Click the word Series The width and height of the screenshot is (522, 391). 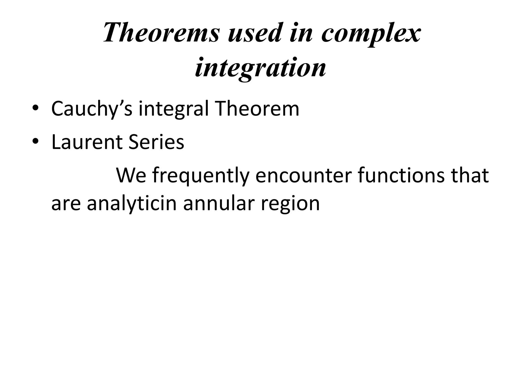point(156,142)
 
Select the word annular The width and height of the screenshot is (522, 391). point(219,204)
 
